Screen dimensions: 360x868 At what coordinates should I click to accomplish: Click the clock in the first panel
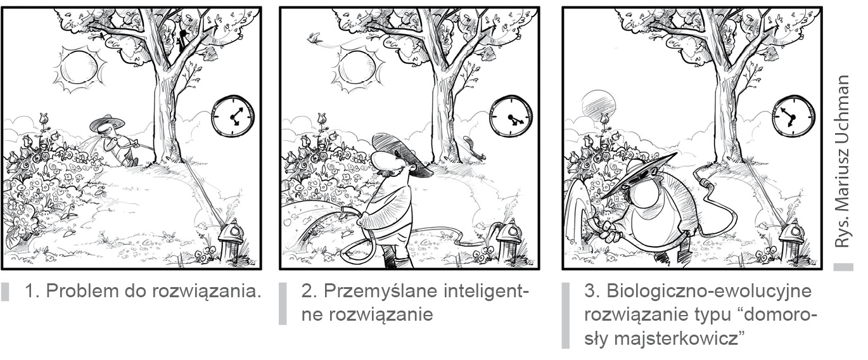[x=233, y=116]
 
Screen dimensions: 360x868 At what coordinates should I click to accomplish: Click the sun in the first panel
[x=79, y=68]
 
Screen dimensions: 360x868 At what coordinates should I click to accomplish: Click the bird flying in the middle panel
[x=314, y=38]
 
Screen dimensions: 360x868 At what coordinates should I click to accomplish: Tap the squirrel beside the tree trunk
[x=471, y=147]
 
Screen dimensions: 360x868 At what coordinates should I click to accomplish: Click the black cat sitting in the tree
[x=184, y=39]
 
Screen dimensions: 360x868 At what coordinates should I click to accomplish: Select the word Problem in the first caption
[x=73, y=293]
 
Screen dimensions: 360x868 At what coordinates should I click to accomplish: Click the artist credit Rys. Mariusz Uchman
[x=843, y=162]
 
